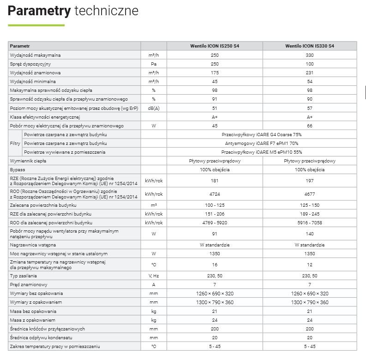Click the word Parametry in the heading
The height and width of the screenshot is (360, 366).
click(x=39, y=11)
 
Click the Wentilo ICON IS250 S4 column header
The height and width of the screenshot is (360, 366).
click(x=215, y=47)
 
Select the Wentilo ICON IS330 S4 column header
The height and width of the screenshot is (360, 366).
click(x=310, y=47)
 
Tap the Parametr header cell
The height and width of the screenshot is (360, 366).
click(x=20, y=47)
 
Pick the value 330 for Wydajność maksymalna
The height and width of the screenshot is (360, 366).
click(x=310, y=55)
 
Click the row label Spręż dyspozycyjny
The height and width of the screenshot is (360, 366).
click(x=30, y=64)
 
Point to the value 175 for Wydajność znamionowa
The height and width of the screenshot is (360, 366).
click(x=215, y=73)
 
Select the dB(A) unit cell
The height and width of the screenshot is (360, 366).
click(x=154, y=108)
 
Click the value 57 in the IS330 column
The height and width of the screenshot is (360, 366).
click(x=310, y=108)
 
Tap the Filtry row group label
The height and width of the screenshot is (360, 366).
click(x=15, y=143)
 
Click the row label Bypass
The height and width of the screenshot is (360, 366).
click(x=18, y=170)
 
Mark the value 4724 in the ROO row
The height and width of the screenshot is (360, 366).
click(x=215, y=194)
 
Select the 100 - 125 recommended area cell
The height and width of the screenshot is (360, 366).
click(x=215, y=204)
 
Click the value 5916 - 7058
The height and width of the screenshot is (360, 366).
click(x=310, y=222)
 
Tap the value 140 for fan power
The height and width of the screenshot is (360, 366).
click(x=310, y=234)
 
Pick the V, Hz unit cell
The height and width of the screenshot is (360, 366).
click(x=154, y=276)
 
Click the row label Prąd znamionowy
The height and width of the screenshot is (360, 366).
click(x=29, y=285)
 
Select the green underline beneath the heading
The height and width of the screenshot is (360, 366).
click(x=36, y=24)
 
